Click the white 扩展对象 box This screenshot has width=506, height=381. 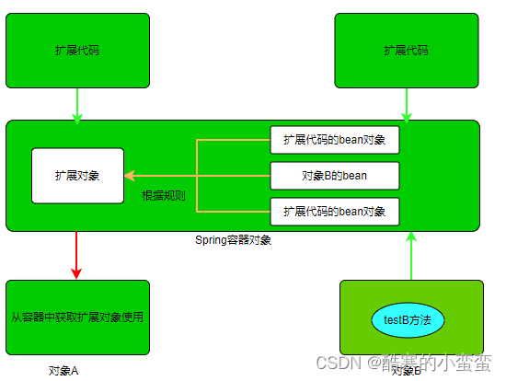[x=77, y=175]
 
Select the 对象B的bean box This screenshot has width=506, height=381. [x=335, y=175]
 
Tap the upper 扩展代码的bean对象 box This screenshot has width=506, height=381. [x=335, y=141]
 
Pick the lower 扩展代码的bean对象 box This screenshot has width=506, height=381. [x=335, y=211]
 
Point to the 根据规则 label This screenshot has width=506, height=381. [x=164, y=196]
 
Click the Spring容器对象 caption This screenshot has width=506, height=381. [x=233, y=240]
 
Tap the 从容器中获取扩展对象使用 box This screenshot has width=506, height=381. [x=77, y=317]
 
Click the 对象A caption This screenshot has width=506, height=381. [x=64, y=370]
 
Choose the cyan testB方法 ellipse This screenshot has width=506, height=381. [x=408, y=319]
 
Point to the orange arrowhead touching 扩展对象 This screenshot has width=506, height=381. [x=130, y=175]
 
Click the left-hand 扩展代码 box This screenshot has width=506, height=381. [x=77, y=50]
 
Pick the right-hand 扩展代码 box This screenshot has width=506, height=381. [x=406, y=50]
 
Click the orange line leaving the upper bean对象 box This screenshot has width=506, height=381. [x=234, y=141]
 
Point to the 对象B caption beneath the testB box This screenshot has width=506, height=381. [x=406, y=371]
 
